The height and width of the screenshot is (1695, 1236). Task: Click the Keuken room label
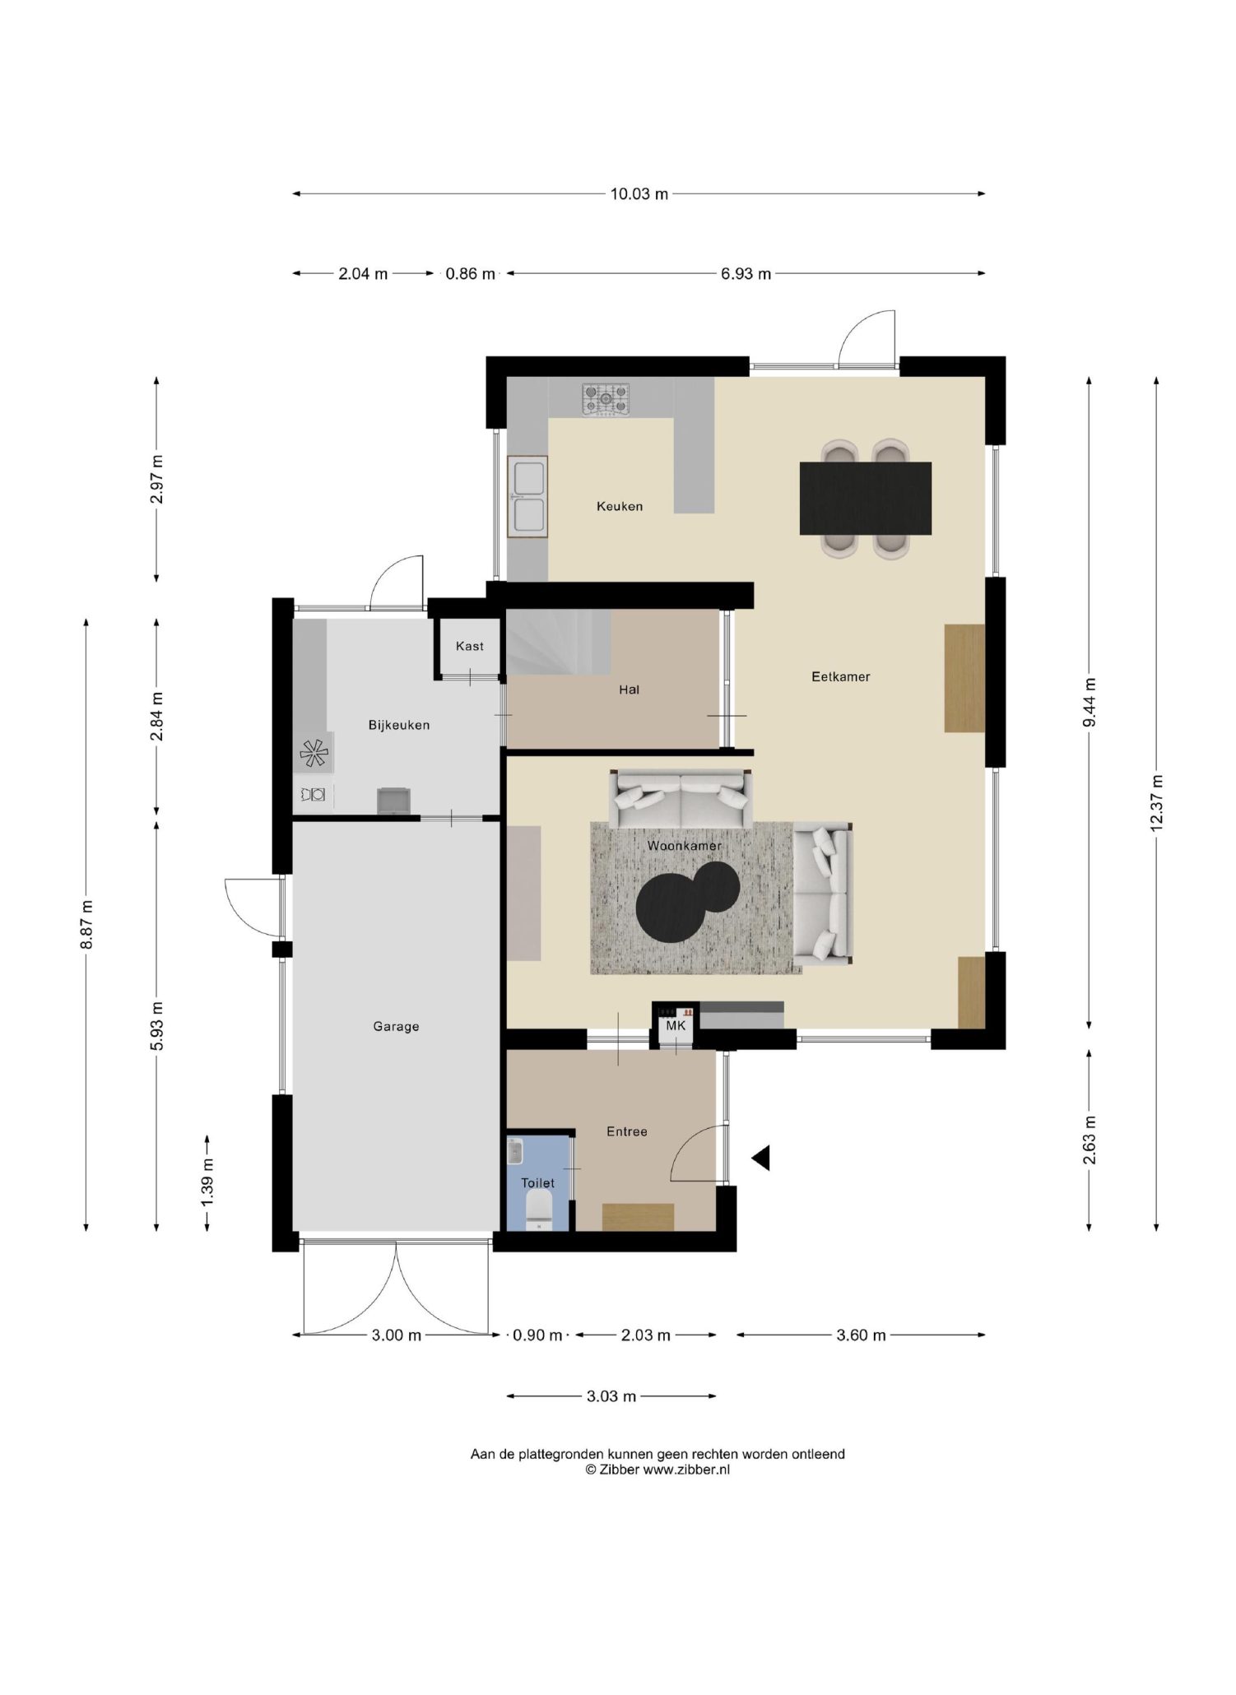click(619, 506)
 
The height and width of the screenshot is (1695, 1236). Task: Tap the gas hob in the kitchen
click(606, 399)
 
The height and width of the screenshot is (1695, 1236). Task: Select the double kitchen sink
click(527, 496)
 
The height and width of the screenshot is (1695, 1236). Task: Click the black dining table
click(865, 498)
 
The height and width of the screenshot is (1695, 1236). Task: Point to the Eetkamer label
click(840, 676)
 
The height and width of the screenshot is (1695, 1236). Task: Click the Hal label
click(629, 690)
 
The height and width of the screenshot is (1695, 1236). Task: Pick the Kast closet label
click(469, 646)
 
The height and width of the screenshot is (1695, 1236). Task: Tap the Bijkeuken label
click(398, 725)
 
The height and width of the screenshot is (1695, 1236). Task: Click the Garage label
click(396, 1026)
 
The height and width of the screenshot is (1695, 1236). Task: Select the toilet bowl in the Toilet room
click(538, 1213)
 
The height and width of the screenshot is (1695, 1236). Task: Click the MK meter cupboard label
click(676, 1026)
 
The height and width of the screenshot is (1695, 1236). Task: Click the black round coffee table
click(687, 900)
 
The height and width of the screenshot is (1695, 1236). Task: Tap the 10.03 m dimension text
click(639, 194)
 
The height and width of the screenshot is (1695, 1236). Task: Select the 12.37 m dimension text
click(1156, 803)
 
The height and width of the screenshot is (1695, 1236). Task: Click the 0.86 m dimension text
click(470, 274)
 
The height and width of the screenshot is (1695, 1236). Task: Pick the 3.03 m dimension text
click(611, 1396)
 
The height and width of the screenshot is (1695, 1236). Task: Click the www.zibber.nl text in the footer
click(685, 1470)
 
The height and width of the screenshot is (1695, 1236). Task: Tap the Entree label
click(626, 1131)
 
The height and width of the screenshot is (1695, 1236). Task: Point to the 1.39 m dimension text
click(207, 1182)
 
